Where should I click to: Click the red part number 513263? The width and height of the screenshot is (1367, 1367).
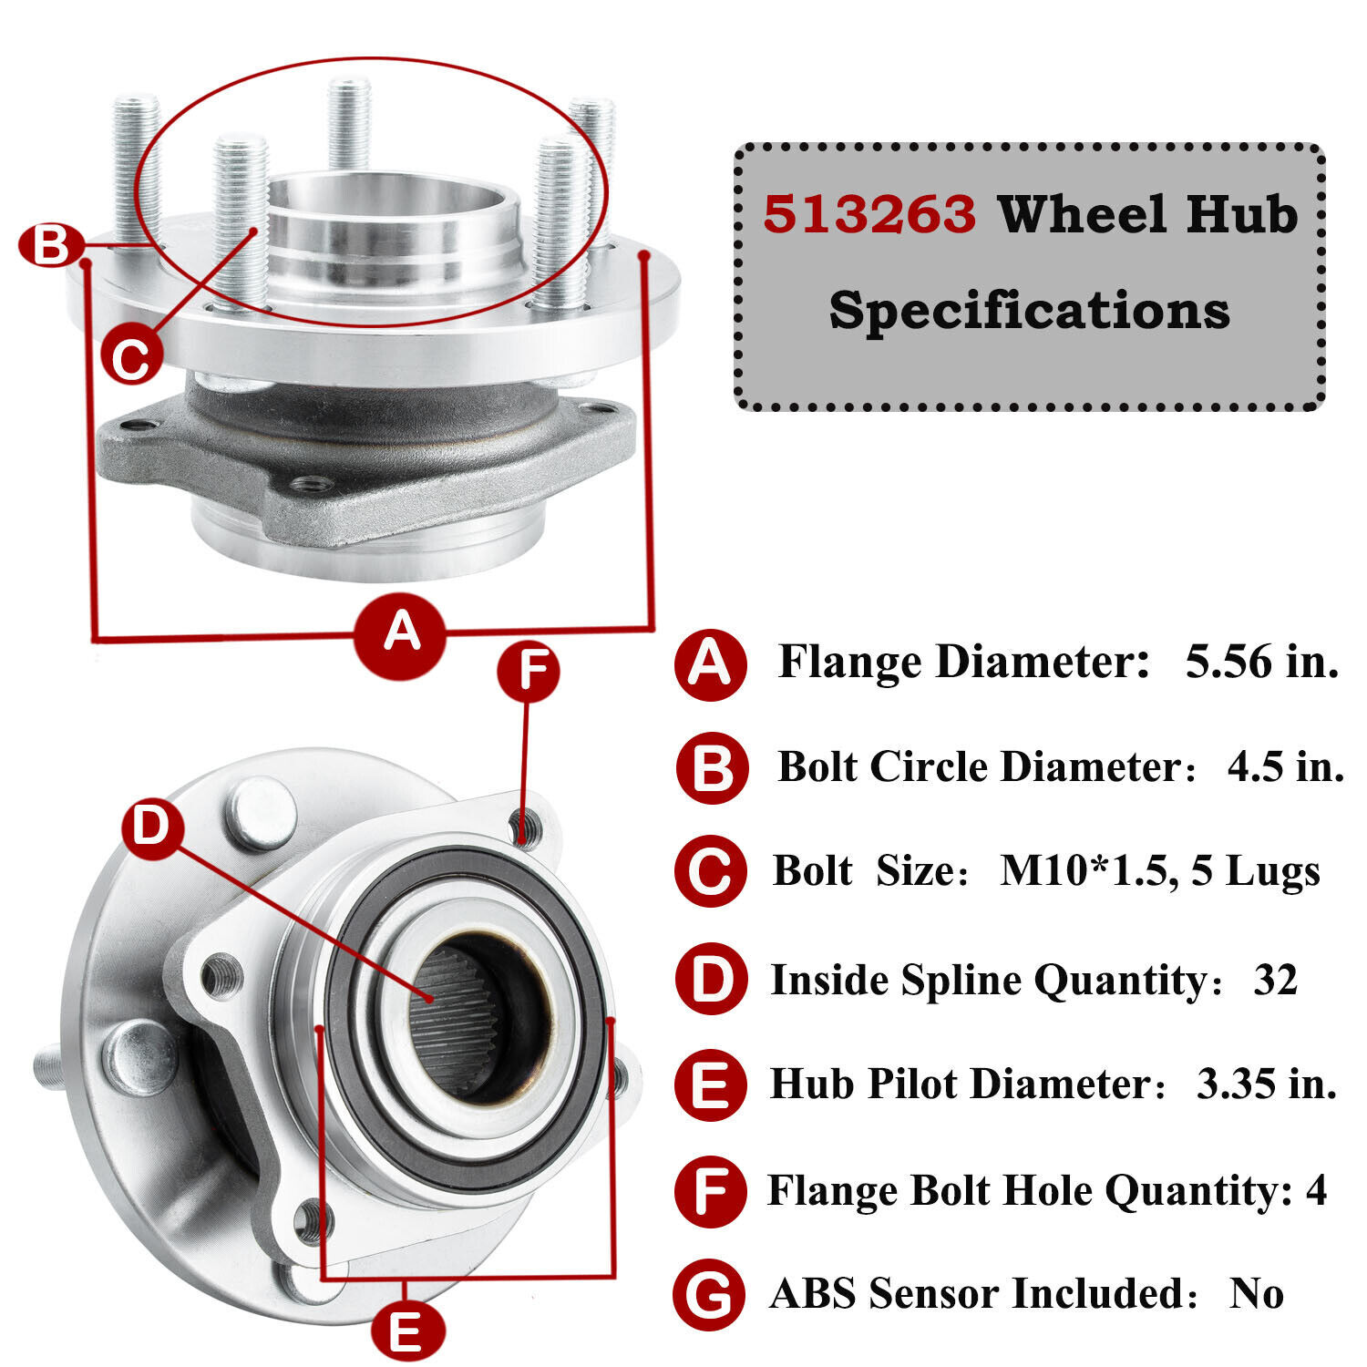(869, 215)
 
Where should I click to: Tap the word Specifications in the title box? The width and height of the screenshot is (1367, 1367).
(1029, 310)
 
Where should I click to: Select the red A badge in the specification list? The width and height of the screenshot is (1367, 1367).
(710, 664)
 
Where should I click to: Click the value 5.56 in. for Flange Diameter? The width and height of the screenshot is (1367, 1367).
(1261, 662)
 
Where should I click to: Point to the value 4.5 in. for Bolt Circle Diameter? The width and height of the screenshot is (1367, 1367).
(1285, 766)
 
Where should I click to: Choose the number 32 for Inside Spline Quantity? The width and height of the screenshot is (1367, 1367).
(1275, 980)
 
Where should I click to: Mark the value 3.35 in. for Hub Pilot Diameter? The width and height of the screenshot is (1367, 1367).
(1266, 1084)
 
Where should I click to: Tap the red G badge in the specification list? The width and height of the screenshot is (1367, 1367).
(709, 1294)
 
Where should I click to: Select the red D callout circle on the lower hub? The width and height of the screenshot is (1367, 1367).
(152, 828)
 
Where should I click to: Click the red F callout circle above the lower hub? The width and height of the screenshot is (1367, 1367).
(528, 672)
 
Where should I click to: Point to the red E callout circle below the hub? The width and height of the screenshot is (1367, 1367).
(407, 1331)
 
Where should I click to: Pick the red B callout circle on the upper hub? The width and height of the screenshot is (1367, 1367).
(51, 246)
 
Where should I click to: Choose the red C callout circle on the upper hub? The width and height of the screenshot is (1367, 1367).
(131, 357)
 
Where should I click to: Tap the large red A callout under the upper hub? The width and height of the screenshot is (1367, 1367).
(401, 632)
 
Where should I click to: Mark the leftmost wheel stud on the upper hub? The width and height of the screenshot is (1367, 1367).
(136, 169)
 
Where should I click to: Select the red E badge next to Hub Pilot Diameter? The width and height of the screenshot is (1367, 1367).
(710, 1084)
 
